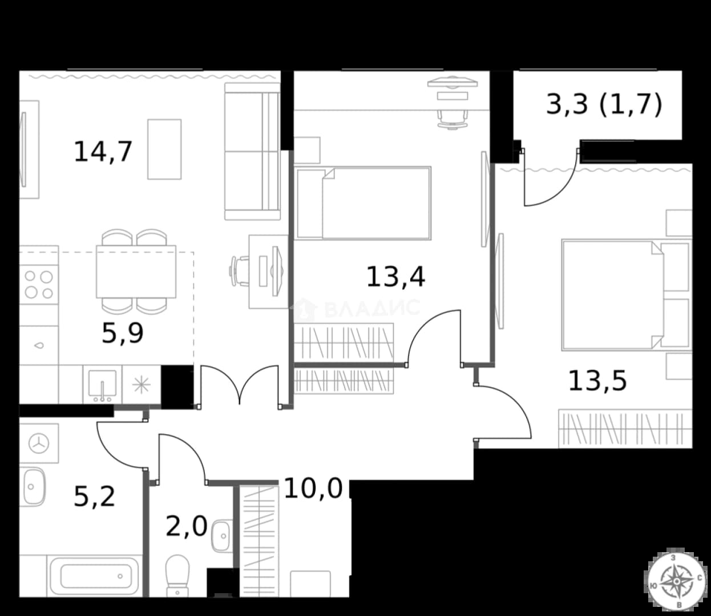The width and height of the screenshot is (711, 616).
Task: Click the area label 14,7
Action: click(x=103, y=152)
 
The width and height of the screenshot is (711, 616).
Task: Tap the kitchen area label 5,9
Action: click(x=123, y=333)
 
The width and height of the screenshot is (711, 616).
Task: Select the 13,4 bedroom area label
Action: click(x=396, y=277)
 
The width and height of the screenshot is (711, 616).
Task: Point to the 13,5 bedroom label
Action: click(x=598, y=380)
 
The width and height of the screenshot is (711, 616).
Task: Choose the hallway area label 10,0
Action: click(x=313, y=488)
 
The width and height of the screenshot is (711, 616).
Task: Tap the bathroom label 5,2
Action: click(x=94, y=496)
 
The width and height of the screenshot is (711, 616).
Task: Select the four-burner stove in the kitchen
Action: click(x=39, y=285)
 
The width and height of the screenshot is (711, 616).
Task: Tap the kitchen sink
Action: click(x=102, y=386)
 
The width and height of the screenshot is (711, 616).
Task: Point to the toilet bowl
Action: click(x=177, y=576)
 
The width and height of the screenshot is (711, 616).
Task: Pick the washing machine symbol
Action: click(x=39, y=443)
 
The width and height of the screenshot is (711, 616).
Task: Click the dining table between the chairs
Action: click(x=136, y=271)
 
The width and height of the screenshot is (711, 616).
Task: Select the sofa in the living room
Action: click(x=252, y=151)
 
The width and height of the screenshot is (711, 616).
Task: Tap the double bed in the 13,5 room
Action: click(x=626, y=295)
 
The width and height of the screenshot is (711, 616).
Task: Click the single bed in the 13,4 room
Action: click(x=362, y=203)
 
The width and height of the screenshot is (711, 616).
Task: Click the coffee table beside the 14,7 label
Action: click(x=164, y=149)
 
